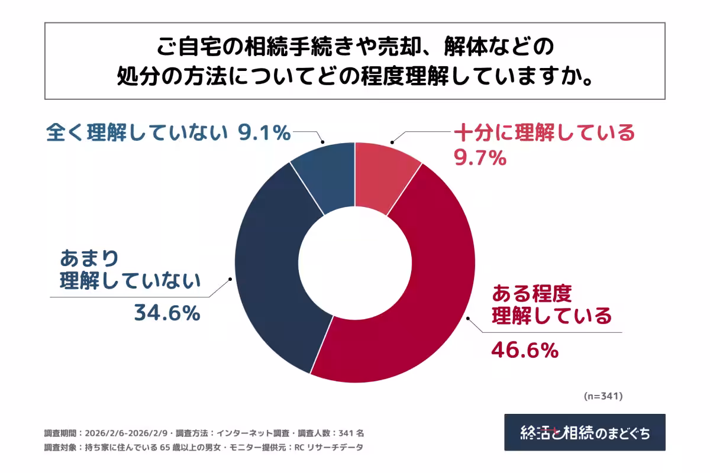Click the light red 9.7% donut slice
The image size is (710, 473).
point(385,174)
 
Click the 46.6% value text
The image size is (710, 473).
point(525,350)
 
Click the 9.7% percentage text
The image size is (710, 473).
point(480,157)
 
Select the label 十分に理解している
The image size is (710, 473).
point(544,132)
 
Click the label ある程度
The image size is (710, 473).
point(532,292)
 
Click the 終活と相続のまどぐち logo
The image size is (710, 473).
point(585,432)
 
